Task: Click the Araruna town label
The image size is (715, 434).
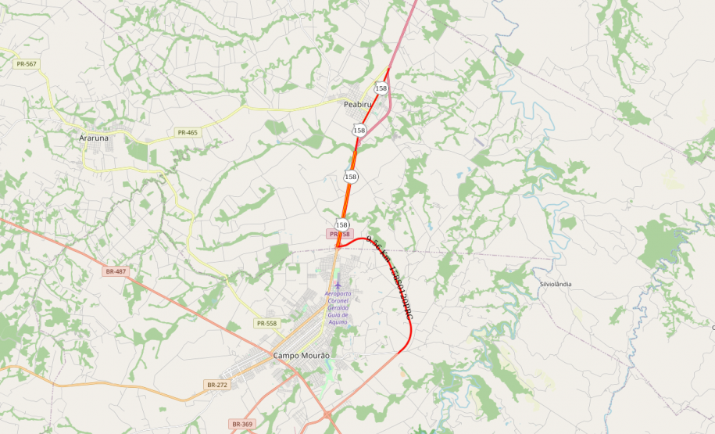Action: pos(94,138)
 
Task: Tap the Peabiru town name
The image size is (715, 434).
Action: pos(359,104)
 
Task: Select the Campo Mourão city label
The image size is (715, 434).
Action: pos(301,356)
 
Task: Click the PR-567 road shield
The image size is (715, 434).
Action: pos(26,63)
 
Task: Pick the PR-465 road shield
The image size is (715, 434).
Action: pos(188,132)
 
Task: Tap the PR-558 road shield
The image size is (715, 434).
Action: pos(266,323)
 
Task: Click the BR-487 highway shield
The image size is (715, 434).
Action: pos(115,271)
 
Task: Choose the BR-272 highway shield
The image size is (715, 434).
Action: pos(216,385)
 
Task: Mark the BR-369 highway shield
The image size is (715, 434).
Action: pos(242,424)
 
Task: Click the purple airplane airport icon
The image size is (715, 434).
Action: pos(338,285)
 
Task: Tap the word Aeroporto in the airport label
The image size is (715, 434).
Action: pos(338,294)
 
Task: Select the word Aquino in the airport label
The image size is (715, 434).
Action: pos(338,322)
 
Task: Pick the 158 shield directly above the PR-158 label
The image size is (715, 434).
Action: pos(341,224)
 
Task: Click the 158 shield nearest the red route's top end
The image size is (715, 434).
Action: pos(381,88)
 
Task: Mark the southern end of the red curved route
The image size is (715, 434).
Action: pos(398,352)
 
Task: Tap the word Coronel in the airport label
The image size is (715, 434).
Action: pos(338,301)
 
